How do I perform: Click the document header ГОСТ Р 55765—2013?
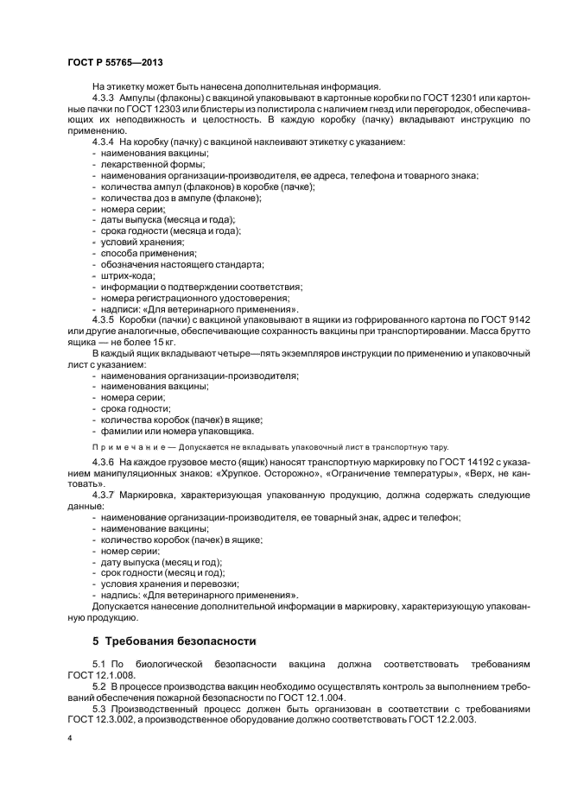115,64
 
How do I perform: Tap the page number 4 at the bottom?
69,742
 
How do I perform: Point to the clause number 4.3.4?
104,141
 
